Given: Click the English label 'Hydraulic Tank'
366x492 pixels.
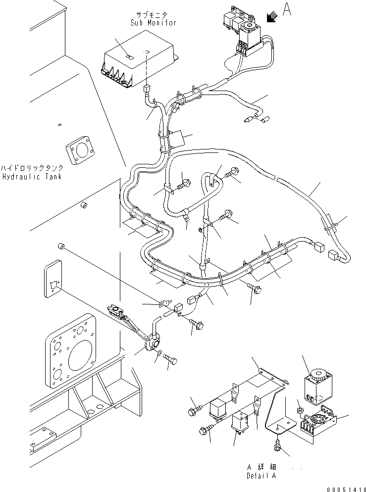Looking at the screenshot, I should point(32,176).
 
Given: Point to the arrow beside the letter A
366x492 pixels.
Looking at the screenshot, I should point(271,17).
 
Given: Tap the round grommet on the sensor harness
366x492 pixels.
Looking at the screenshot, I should point(152,342).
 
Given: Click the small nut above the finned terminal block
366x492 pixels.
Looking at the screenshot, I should point(300,411).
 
